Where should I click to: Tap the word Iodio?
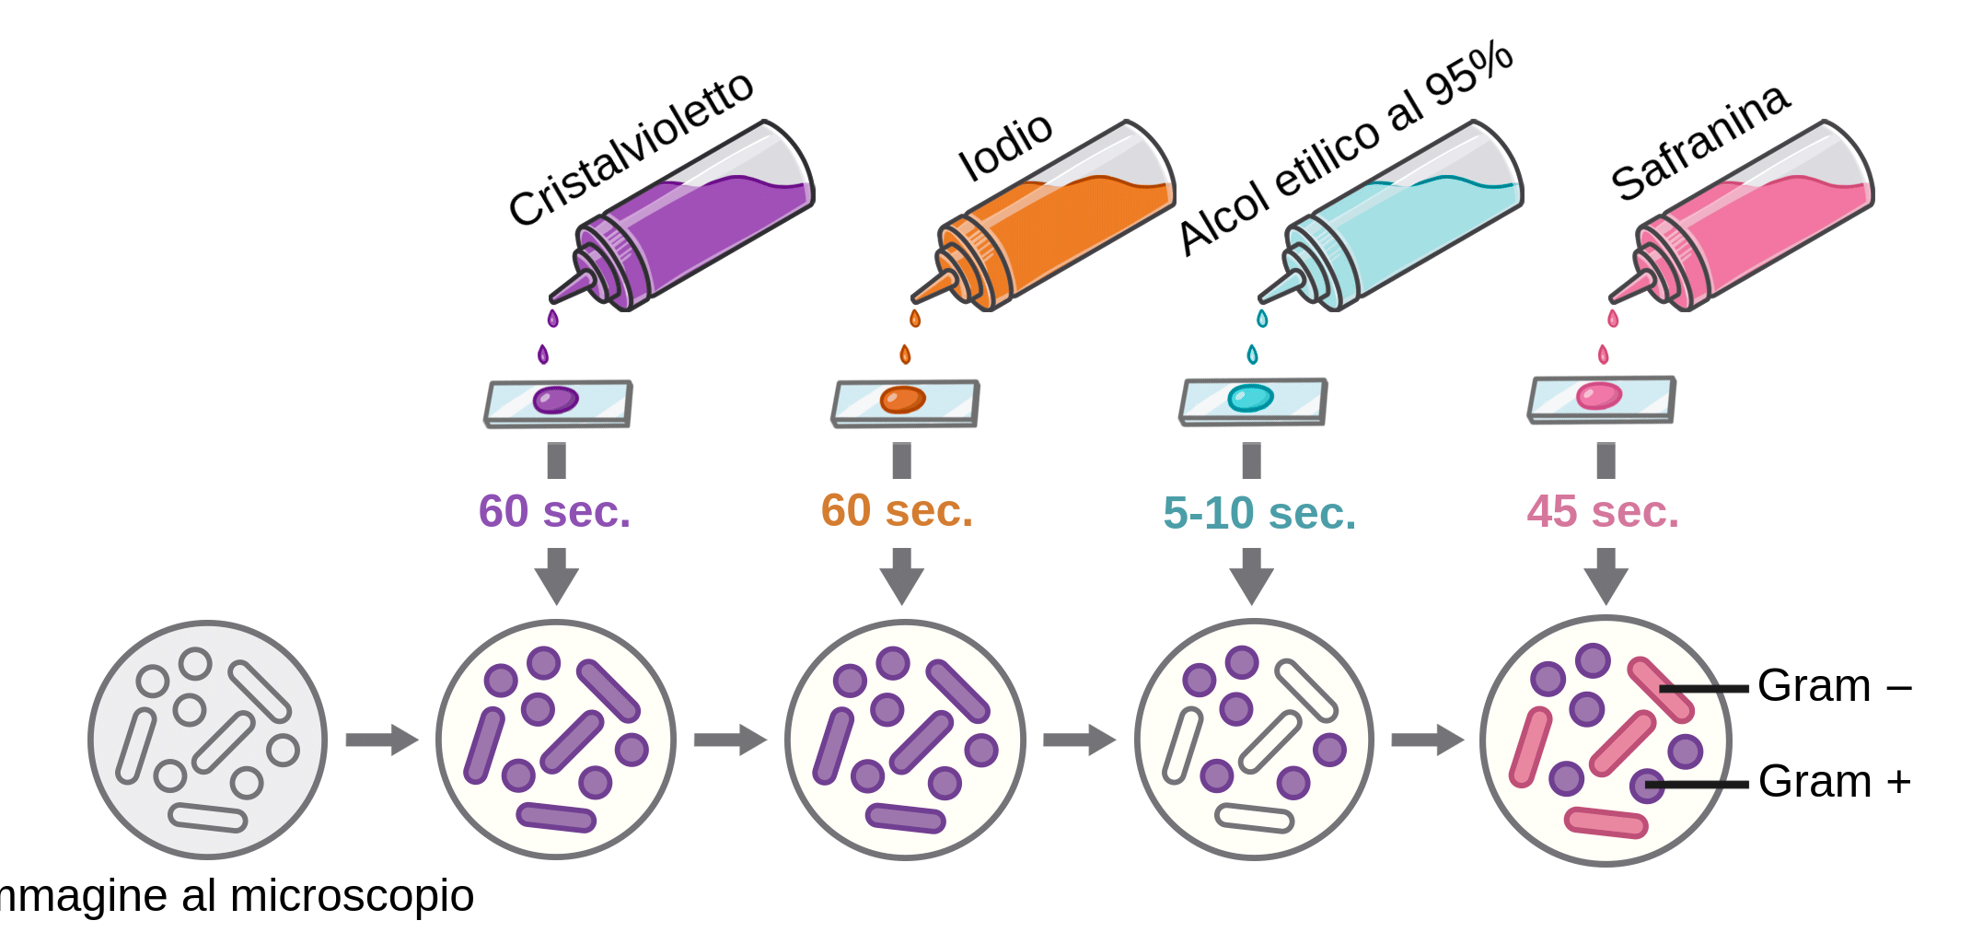[x=1005, y=147]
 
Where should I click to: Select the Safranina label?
[x=1700, y=143]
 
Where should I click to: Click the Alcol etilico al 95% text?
[x=1346, y=147]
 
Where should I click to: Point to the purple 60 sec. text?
[x=554, y=511]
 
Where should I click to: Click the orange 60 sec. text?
[x=897, y=510]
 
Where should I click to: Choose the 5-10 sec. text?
[x=1259, y=513]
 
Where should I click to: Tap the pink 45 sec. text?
[x=1603, y=511]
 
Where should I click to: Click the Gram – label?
[x=1834, y=686]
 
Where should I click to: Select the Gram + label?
[x=1834, y=782]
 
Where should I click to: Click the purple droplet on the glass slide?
[x=555, y=400]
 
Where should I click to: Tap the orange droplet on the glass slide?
[x=902, y=400]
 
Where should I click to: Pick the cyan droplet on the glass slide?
[x=1250, y=398]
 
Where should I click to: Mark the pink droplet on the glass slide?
[x=1598, y=396]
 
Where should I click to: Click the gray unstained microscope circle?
[x=207, y=740]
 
